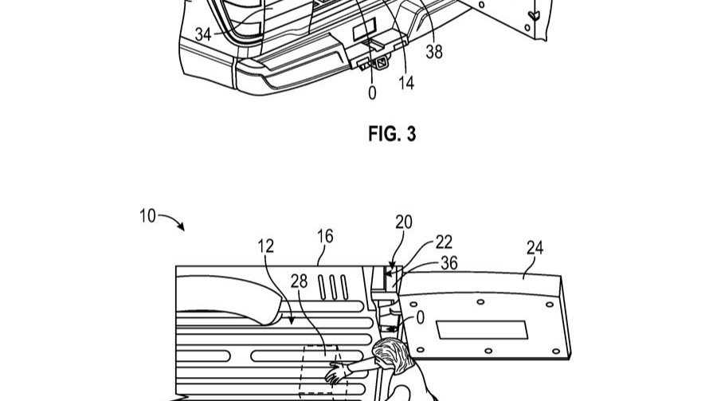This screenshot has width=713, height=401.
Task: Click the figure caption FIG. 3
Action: [x=392, y=134]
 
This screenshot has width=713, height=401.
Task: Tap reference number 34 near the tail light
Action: [x=203, y=34]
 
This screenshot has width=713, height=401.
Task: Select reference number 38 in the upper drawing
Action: [x=434, y=53]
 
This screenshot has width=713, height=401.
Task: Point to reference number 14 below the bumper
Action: [x=406, y=82]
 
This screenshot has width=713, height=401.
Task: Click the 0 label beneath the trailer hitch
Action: [x=372, y=92]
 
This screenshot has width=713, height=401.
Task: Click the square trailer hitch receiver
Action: [x=381, y=62]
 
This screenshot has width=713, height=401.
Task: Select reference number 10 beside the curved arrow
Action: [x=147, y=216]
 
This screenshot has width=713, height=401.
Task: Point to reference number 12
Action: [x=265, y=246]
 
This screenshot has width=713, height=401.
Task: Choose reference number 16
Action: [x=324, y=237]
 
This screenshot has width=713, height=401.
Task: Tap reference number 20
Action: [x=404, y=222]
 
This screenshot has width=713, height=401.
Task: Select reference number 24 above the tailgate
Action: [x=535, y=248]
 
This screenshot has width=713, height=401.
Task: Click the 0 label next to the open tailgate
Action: [x=420, y=317]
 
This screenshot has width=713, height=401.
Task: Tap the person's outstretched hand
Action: [x=335, y=372]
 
